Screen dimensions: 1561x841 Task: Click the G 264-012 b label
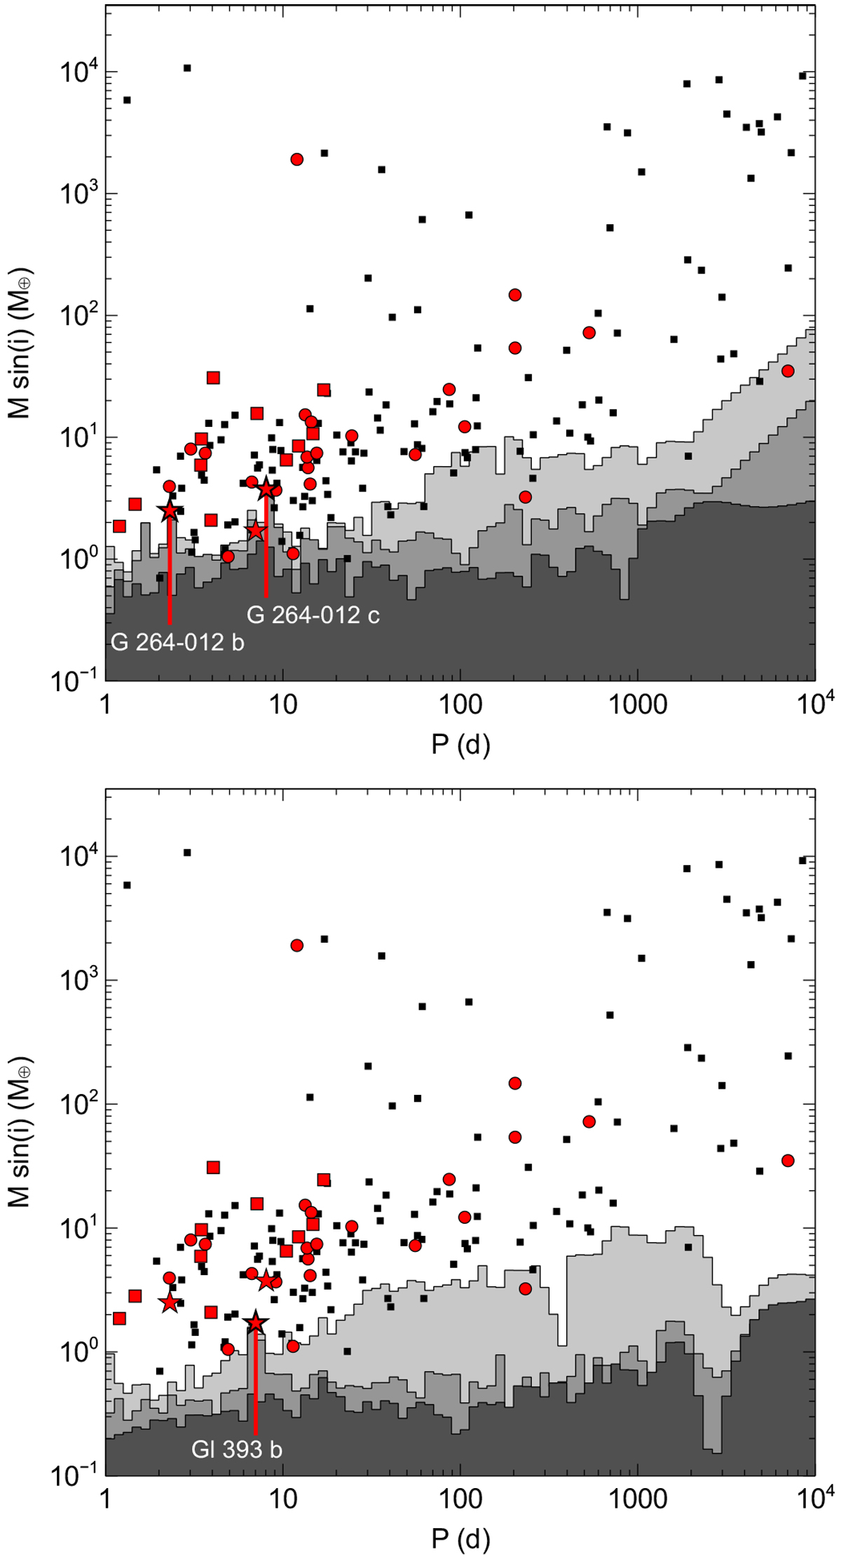click(x=178, y=642)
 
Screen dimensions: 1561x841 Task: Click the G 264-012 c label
click(x=313, y=615)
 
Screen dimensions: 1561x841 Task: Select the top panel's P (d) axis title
click(x=460, y=744)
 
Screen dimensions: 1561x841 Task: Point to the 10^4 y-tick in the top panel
click(x=78, y=72)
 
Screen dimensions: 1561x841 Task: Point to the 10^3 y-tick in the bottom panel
click(x=78, y=981)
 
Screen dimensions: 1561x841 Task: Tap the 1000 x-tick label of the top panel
click(x=637, y=704)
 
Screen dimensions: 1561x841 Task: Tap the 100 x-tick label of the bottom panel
click(x=460, y=1499)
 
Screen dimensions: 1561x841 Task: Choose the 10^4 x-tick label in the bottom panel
click(x=814, y=1498)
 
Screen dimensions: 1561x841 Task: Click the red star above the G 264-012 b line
click(x=170, y=512)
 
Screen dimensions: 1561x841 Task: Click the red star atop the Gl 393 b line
click(x=256, y=1323)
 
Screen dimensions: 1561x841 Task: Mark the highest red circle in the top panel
click(x=296, y=159)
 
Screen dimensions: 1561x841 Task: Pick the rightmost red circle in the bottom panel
click(x=788, y=1161)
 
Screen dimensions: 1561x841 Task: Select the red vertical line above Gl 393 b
click(x=255, y=1374)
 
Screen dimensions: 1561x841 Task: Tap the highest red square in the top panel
click(x=213, y=378)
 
